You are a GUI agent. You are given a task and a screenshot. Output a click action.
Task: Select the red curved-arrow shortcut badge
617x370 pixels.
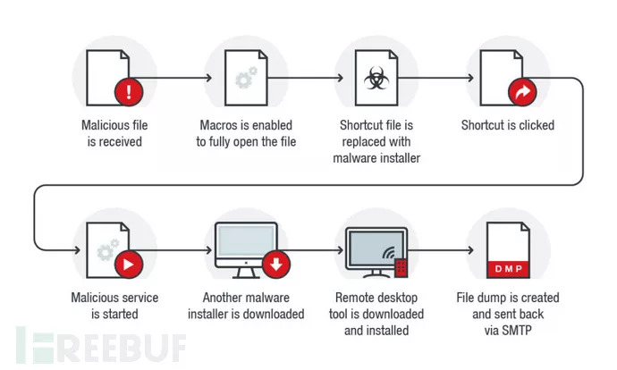[519, 91]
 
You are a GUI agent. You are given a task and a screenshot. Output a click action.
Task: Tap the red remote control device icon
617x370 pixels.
[402, 265]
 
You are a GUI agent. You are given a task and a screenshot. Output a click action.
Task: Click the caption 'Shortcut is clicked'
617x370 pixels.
[507, 125]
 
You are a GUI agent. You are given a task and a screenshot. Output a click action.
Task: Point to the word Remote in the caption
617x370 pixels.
[355, 298]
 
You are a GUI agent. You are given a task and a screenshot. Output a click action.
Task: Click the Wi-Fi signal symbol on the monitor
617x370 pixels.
[386, 253]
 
